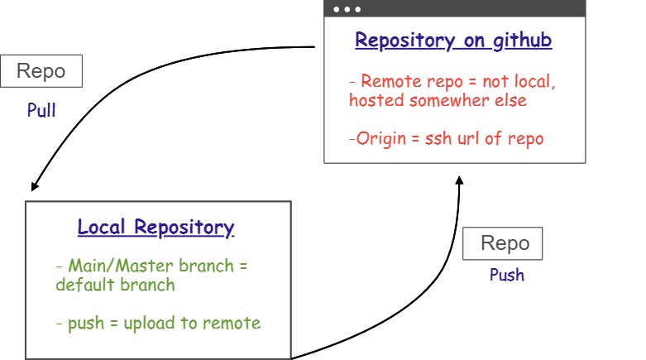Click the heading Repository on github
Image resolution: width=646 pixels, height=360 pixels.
[453, 41]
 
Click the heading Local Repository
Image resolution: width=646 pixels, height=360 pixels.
[156, 228]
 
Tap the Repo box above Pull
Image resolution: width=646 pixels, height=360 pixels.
[41, 71]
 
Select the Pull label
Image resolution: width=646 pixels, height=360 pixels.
[41, 111]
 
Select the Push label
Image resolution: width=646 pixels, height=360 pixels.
[506, 275]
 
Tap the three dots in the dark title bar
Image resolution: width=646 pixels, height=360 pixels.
[347, 9]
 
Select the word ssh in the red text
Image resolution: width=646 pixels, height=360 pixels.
[440, 138]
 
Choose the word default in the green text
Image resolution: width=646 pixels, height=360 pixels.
[85, 286]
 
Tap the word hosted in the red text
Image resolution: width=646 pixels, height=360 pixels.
[376, 100]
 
